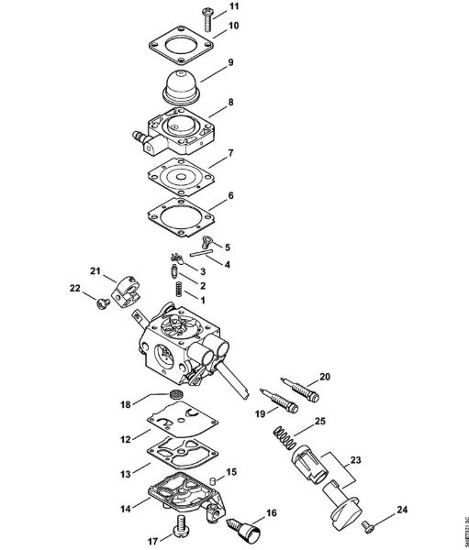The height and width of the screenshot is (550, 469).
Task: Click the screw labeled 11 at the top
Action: [203, 11]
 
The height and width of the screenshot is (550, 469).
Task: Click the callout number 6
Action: [230, 195]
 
